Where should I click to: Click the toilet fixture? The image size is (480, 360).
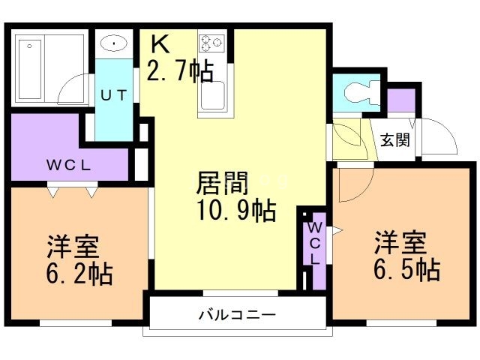[x=358, y=94]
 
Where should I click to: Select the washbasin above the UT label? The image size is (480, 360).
[x=112, y=44]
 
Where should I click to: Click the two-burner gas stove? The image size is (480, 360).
[x=211, y=41]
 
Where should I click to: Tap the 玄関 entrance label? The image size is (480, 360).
[x=394, y=139]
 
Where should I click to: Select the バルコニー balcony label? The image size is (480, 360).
[x=237, y=314]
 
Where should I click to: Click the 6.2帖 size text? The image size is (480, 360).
[x=79, y=273]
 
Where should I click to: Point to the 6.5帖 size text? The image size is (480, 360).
[x=406, y=268]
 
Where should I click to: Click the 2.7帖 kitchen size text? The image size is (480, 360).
[x=181, y=70]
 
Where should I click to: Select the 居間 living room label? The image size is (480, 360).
[x=222, y=182]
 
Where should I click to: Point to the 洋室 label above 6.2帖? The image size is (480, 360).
[x=73, y=246]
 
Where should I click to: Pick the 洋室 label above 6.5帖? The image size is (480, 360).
[x=400, y=242]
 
